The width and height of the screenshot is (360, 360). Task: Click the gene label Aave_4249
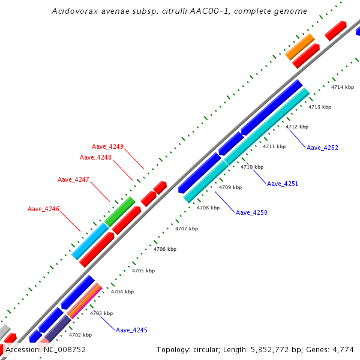point(107,146)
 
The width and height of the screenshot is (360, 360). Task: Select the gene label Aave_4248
point(95,157)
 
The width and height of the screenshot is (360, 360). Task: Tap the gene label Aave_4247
point(73,179)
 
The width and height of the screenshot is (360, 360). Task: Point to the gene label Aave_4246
point(43,209)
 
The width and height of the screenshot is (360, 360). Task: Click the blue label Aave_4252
point(322,148)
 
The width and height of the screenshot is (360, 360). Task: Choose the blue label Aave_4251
point(282,184)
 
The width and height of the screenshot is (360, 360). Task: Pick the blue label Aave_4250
point(251,212)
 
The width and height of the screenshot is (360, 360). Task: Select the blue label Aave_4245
point(131,330)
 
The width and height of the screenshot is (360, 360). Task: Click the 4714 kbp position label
point(343,88)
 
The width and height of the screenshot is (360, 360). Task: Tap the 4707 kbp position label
point(187,229)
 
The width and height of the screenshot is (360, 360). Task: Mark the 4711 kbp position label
point(274,146)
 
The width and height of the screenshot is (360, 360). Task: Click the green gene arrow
point(120,211)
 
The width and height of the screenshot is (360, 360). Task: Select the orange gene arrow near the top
point(300,46)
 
